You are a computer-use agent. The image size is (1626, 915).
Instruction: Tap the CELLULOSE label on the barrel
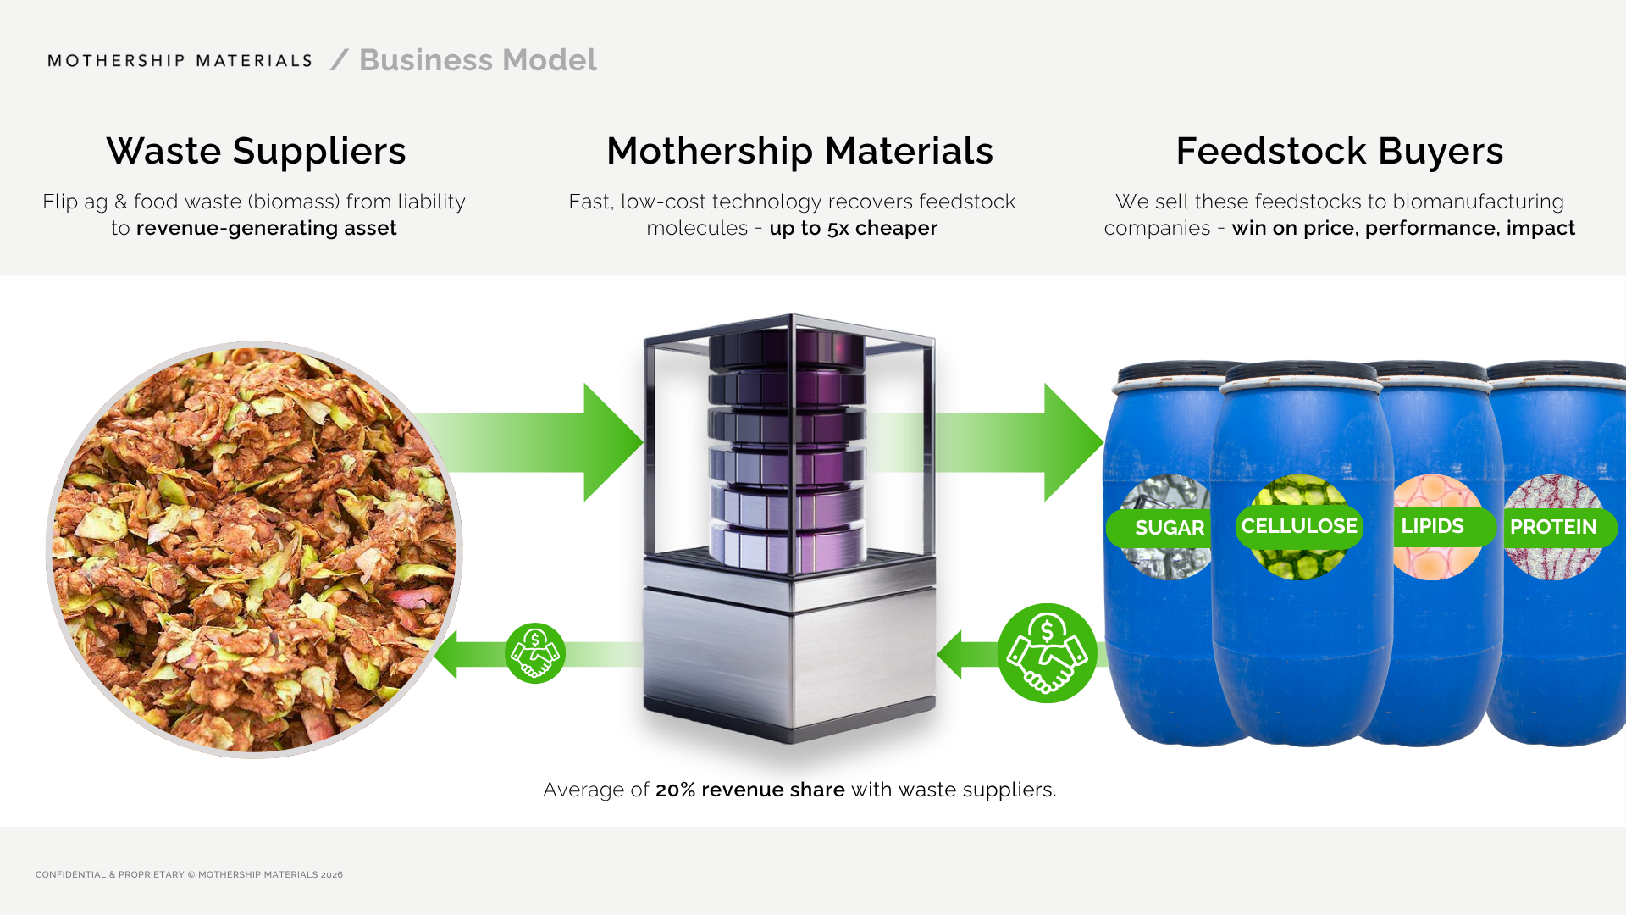click(1299, 526)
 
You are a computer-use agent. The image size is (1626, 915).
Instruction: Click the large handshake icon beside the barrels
click(1047, 653)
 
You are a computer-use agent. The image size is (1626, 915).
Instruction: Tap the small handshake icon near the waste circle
click(535, 653)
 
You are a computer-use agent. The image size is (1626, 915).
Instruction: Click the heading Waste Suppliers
click(256, 151)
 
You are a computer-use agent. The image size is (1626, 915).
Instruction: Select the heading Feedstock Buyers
click(1339, 151)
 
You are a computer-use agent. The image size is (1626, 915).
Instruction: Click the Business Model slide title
click(478, 60)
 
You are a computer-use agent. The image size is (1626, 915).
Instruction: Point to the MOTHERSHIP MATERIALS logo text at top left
click(180, 61)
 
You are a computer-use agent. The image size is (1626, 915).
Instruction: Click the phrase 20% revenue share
click(749, 790)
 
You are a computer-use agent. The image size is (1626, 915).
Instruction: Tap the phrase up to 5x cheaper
click(853, 228)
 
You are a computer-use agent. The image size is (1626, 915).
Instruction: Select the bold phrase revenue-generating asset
click(266, 228)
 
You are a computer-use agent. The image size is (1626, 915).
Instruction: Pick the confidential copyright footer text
click(189, 874)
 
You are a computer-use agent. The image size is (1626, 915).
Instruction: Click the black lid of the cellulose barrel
click(1301, 373)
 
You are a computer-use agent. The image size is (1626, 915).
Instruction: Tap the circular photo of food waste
click(254, 550)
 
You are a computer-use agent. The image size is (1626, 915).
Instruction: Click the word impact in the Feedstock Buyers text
click(1540, 228)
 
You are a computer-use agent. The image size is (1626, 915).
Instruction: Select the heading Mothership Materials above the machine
click(799, 151)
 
